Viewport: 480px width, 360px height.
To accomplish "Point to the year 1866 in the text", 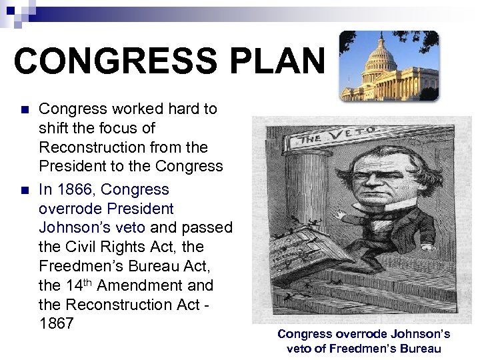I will coord(77,189).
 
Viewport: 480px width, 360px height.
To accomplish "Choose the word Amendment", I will coord(139,285).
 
